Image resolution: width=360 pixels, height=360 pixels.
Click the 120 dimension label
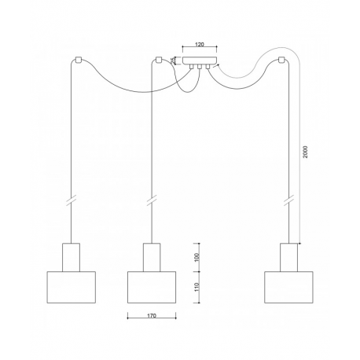tap(200, 44)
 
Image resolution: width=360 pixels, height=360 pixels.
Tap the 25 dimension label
tap(173, 61)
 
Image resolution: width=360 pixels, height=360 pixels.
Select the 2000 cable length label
tap(305, 152)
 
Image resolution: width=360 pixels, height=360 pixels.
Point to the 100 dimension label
tap(197, 257)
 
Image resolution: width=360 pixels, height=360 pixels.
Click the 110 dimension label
tap(197, 287)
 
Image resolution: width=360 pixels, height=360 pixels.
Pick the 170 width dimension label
tap(152, 316)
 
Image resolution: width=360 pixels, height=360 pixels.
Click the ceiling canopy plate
tap(200, 61)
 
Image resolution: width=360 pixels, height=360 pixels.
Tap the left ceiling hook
tap(79, 60)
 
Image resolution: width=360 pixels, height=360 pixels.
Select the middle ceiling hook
tap(158, 60)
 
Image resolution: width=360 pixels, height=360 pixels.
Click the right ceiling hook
tap(281, 60)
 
